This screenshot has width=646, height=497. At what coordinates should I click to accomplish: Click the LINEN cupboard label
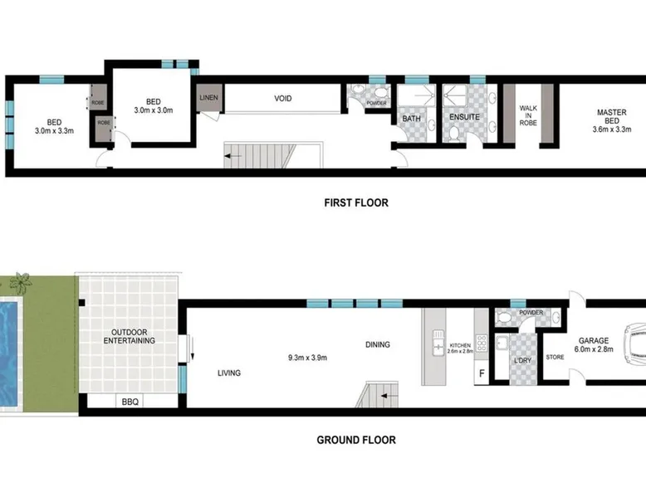click(209, 98)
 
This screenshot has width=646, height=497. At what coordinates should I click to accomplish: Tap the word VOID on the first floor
click(283, 99)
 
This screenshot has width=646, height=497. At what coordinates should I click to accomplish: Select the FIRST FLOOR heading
click(356, 202)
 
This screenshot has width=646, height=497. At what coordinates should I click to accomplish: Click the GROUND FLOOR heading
click(356, 440)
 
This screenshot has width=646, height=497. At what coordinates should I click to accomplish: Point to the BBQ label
click(130, 402)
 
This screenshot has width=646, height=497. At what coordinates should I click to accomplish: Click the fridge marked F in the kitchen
click(482, 374)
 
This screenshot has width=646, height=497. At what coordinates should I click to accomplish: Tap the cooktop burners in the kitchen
click(482, 343)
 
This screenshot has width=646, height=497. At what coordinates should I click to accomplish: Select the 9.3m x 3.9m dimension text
click(308, 358)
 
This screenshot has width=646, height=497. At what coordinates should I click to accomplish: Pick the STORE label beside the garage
click(555, 358)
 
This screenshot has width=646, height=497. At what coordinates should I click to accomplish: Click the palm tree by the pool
click(21, 282)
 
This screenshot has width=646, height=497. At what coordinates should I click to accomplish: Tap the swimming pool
click(9, 353)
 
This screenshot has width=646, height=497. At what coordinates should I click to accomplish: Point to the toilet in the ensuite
click(454, 134)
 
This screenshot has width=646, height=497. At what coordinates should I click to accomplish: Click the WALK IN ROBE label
click(528, 115)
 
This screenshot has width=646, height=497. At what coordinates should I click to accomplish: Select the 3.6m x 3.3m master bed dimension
click(612, 129)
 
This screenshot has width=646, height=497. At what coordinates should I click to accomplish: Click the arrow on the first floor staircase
click(232, 156)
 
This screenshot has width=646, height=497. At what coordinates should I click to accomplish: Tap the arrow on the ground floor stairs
click(389, 396)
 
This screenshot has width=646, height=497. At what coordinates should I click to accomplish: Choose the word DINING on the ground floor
click(378, 344)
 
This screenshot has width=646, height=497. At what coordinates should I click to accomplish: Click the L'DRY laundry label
click(523, 360)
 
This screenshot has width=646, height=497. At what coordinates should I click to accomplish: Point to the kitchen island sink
click(438, 343)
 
